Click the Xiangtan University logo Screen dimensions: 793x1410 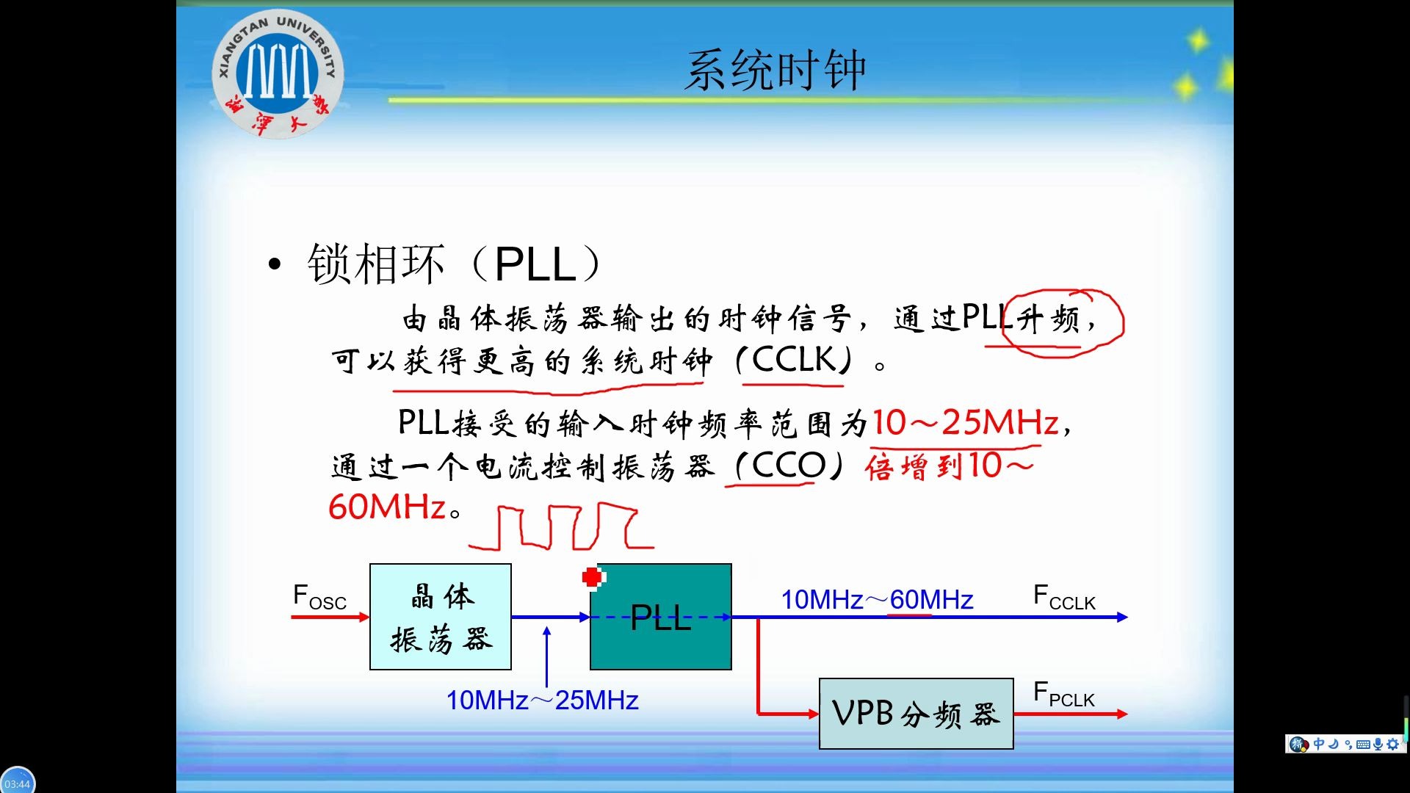(x=278, y=73)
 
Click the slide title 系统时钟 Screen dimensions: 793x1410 (x=775, y=71)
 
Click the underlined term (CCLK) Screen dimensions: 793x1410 (x=794, y=361)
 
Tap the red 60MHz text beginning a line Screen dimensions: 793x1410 (x=387, y=507)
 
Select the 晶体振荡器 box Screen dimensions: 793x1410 (x=441, y=617)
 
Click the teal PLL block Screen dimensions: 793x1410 (x=661, y=617)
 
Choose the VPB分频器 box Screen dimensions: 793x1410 (x=916, y=714)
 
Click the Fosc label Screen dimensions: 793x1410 (x=319, y=597)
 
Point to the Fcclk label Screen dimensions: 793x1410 (x=1063, y=597)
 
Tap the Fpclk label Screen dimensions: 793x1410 (x=1063, y=695)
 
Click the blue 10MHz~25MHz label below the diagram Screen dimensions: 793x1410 (x=542, y=700)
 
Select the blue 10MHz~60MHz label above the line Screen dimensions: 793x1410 (x=877, y=600)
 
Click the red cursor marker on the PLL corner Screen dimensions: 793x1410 (x=592, y=577)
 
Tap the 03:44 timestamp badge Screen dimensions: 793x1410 (x=18, y=783)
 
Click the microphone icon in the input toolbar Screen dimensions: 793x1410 (x=1378, y=744)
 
